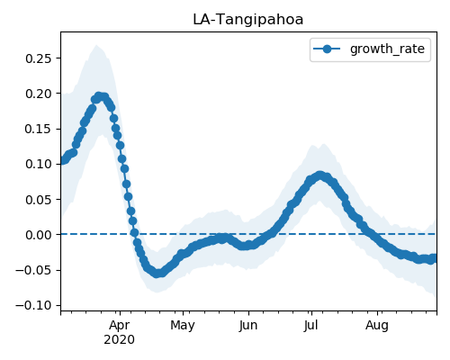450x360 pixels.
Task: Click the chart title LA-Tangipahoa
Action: click(x=247, y=20)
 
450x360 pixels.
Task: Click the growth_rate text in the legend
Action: click(x=387, y=49)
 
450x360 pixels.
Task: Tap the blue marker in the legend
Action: click(x=327, y=49)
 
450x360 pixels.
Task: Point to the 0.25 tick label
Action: click(x=38, y=58)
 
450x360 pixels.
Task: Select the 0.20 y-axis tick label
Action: click(x=38, y=94)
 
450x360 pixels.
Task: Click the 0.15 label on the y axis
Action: click(x=38, y=129)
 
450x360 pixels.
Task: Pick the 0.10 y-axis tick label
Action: click(x=38, y=164)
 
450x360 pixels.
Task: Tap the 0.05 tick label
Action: click(x=38, y=200)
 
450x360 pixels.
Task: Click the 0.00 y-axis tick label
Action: click(x=38, y=235)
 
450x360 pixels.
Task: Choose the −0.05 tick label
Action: click(x=33, y=270)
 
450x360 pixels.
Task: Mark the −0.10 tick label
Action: click(x=33, y=305)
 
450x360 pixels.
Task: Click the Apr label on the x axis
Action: click(x=120, y=326)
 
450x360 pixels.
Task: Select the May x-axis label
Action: click(x=183, y=326)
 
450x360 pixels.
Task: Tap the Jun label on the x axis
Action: click(x=248, y=326)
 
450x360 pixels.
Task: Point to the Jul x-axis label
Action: click(x=310, y=326)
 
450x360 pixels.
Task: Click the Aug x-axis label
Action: click(x=377, y=326)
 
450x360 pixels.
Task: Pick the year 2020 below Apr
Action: click(x=120, y=340)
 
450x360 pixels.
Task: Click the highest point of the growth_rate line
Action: click(x=99, y=96)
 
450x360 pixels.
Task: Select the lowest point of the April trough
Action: click(x=157, y=274)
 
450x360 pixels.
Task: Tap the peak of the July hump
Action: click(x=319, y=175)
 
